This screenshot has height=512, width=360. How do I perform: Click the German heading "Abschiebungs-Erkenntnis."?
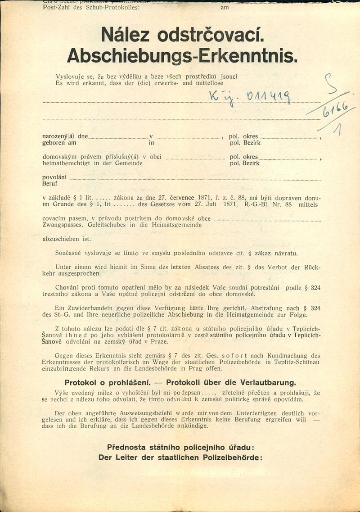point(182,55)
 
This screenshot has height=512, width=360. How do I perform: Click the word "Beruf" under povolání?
point(50,184)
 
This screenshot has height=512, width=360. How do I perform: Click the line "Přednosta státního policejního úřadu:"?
point(180,447)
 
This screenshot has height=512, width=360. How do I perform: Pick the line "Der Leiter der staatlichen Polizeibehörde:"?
point(180,457)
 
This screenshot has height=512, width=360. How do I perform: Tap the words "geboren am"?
point(59,143)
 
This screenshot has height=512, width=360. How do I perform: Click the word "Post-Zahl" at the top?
point(56,8)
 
